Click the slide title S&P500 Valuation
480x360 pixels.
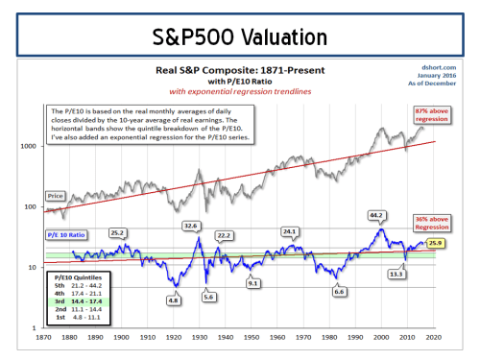(239, 37)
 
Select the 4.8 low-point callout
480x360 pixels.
(174, 300)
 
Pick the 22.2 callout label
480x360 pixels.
(226, 235)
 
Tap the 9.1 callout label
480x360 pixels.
(253, 282)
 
